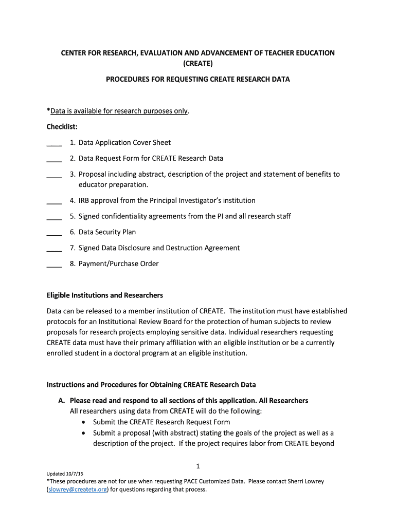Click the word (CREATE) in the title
(x=198, y=63)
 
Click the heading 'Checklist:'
(x=62, y=126)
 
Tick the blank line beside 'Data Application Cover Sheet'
(x=54, y=144)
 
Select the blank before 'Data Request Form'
(x=54, y=160)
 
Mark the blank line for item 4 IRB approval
(x=54, y=202)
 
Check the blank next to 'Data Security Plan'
(x=54, y=233)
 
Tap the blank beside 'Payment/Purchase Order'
(x=54, y=265)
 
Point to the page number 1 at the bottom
(x=197, y=466)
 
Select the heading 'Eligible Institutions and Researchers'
(x=104, y=295)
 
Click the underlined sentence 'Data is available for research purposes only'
(x=119, y=111)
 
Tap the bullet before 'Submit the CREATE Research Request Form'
(x=84, y=422)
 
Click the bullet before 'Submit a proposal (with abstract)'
(x=84, y=433)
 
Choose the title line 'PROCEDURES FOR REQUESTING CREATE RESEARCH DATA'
(x=198, y=79)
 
